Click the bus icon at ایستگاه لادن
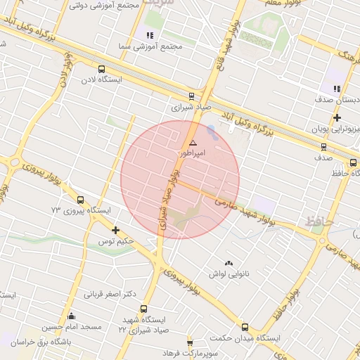pyautogui.click(x=102, y=69)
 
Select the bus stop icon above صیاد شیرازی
pyautogui.click(x=191, y=97)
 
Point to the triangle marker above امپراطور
pyautogui.click(x=193, y=143)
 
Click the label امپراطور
pyautogui.click(x=191, y=153)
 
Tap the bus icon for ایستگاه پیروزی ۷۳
pyautogui.click(x=80, y=200)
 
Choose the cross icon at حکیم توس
pyautogui.click(x=116, y=230)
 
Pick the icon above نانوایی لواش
pyautogui.click(x=228, y=263)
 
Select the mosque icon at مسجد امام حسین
pyautogui.click(x=70, y=316)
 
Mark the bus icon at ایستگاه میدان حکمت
pyautogui.click(x=245, y=327)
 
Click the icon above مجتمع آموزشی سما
pyautogui.click(x=149, y=35)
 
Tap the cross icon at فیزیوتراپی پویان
pyautogui.click(x=337, y=117)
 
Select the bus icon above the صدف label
pyautogui.click(x=323, y=147)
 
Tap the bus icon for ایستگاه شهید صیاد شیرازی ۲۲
pyautogui.click(x=144, y=309)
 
